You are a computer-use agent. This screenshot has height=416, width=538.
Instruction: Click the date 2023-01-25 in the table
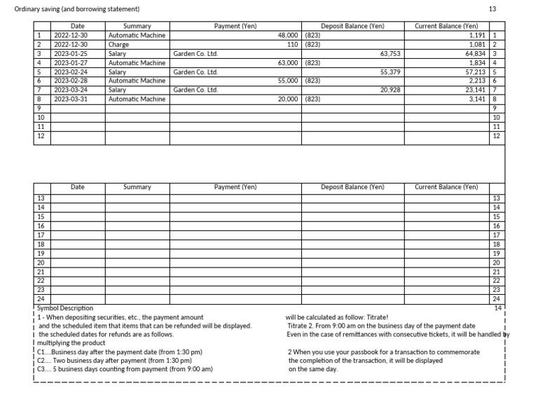(x=71, y=53)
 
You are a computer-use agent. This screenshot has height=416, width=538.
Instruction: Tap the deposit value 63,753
(x=390, y=53)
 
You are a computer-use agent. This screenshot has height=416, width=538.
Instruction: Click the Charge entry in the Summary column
(x=118, y=44)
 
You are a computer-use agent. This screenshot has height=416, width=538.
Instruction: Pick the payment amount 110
(x=293, y=44)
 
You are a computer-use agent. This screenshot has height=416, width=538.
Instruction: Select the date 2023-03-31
(x=71, y=99)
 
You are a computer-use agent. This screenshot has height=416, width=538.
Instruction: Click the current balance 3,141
(x=479, y=99)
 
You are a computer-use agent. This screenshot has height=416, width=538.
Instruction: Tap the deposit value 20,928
(x=390, y=90)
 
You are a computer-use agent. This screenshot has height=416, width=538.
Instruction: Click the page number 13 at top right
(x=492, y=8)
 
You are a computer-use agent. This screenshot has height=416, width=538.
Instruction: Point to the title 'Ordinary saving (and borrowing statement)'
(x=77, y=8)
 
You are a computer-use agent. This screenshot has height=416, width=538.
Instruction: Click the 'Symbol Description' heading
(x=64, y=307)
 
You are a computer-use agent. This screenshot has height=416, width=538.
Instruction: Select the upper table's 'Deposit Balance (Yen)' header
(x=353, y=26)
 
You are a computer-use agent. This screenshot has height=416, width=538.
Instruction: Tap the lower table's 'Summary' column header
(x=137, y=187)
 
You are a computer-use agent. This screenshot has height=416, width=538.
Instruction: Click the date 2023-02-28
(x=71, y=81)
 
